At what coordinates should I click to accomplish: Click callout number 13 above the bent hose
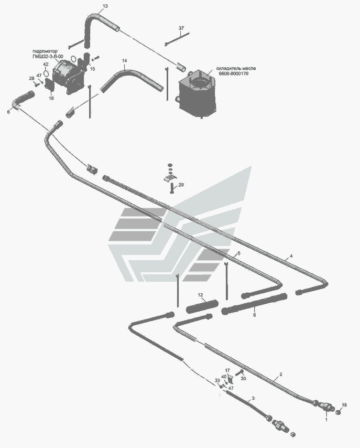click(x=105, y=6)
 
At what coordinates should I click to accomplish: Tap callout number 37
click(x=181, y=27)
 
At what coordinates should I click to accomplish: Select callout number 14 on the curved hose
click(x=124, y=61)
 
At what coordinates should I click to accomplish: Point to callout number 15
click(x=92, y=69)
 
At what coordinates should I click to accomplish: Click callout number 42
click(x=46, y=65)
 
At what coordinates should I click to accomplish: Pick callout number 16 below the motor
click(x=51, y=98)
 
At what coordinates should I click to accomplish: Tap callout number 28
click(x=31, y=78)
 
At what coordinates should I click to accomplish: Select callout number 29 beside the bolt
click(x=181, y=185)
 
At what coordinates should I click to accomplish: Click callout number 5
click(x=238, y=253)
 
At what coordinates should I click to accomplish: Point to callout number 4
click(x=291, y=256)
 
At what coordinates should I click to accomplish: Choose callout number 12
click(x=200, y=295)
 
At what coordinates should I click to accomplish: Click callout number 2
click(x=281, y=374)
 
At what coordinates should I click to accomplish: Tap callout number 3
click(x=253, y=399)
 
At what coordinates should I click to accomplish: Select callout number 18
click(x=344, y=405)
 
